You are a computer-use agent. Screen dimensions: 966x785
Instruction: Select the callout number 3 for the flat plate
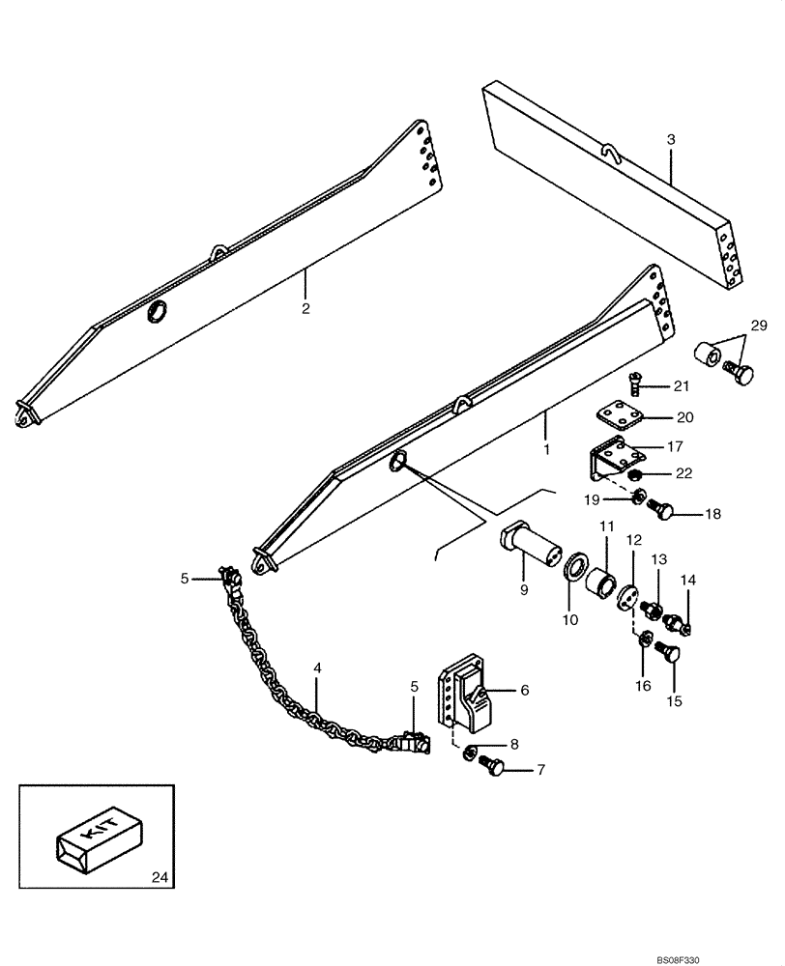pyautogui.click(x=671, y=140)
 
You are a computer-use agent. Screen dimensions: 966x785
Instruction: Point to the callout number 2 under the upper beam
pyautogui.click(x=305, y=310)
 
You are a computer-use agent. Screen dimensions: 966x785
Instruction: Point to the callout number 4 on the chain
pyautogui.click(x=318, y=667)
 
